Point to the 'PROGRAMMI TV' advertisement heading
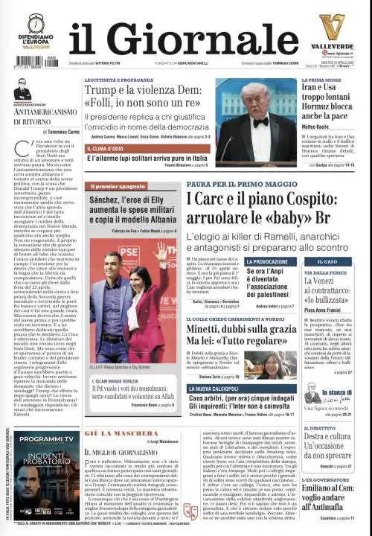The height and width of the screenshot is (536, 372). (45, 439)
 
